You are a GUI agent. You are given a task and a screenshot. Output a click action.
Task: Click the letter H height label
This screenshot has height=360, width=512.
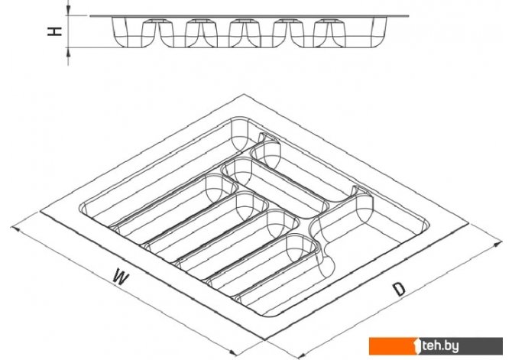(54, 31)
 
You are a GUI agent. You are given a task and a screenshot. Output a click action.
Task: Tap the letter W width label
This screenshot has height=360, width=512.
(121, 277)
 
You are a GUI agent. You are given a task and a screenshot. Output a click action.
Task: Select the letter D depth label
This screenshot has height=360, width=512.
(399, 289)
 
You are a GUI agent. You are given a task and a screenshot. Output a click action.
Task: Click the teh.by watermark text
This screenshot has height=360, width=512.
(440, 346)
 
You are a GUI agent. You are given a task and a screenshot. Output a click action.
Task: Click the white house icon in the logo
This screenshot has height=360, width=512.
(418, 346)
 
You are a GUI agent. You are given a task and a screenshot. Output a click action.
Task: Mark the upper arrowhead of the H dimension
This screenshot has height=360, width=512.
(68, 11)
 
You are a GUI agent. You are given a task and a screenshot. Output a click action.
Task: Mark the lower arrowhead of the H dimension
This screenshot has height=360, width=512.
(68, 52)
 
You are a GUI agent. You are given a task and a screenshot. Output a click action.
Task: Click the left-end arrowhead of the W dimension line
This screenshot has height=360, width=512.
(15, 229)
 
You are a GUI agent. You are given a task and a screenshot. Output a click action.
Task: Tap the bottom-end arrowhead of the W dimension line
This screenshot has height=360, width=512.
(233, 353)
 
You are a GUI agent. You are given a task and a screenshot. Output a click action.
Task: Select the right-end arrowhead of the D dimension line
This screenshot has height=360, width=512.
(497, 244)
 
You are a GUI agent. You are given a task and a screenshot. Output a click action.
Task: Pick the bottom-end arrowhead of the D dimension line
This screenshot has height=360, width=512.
(301, 355)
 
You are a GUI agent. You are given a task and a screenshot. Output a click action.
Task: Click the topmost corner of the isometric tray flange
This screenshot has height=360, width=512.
(244, 94)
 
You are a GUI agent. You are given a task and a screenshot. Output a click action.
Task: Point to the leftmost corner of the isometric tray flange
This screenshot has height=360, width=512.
(41, 212)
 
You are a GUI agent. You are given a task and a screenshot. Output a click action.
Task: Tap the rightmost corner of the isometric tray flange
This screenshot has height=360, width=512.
(469, 223)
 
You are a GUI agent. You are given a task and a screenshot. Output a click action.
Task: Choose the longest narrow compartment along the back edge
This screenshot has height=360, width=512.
(164, 170)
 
